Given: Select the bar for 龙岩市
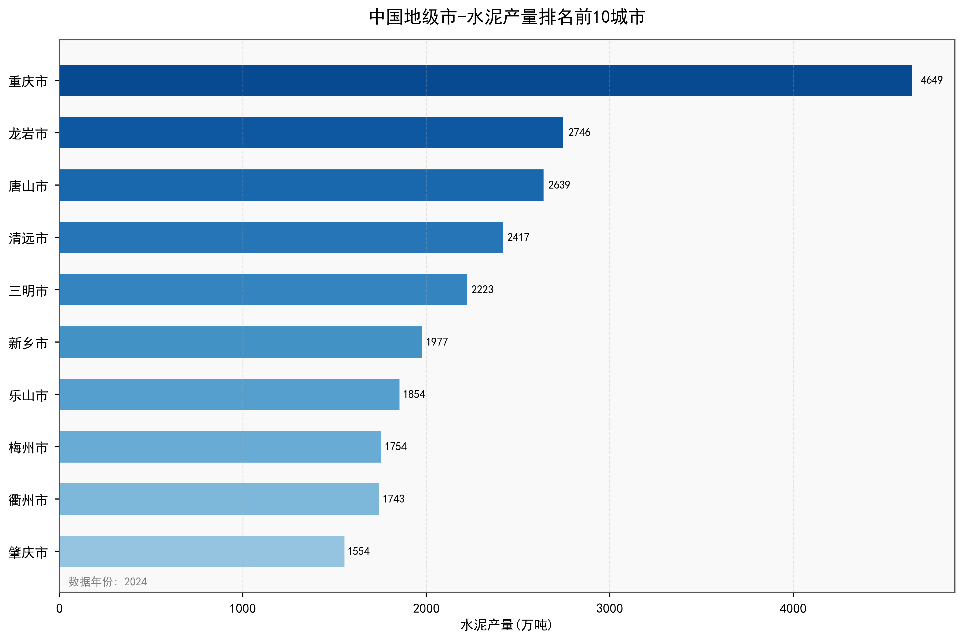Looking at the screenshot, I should click(x=311, y=132).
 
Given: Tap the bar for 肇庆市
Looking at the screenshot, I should click(x=202, y=551).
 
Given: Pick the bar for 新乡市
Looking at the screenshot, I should click(x=240, y=342).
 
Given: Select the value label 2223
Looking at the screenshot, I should click(x=482, y=290).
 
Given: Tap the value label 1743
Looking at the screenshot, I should click(x=393, y=499).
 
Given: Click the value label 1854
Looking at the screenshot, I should click(x=414, y=394).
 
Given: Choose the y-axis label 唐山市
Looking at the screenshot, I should click(x=28, y=186).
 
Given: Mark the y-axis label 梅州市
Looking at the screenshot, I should click(x=28, y=448).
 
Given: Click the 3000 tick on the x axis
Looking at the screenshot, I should click(x=609, y=609).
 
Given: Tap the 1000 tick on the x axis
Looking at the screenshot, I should click(x=243, y=609).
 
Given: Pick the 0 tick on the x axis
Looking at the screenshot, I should click(x=60, y=609).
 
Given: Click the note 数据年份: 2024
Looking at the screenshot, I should click(x=108, y=582).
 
